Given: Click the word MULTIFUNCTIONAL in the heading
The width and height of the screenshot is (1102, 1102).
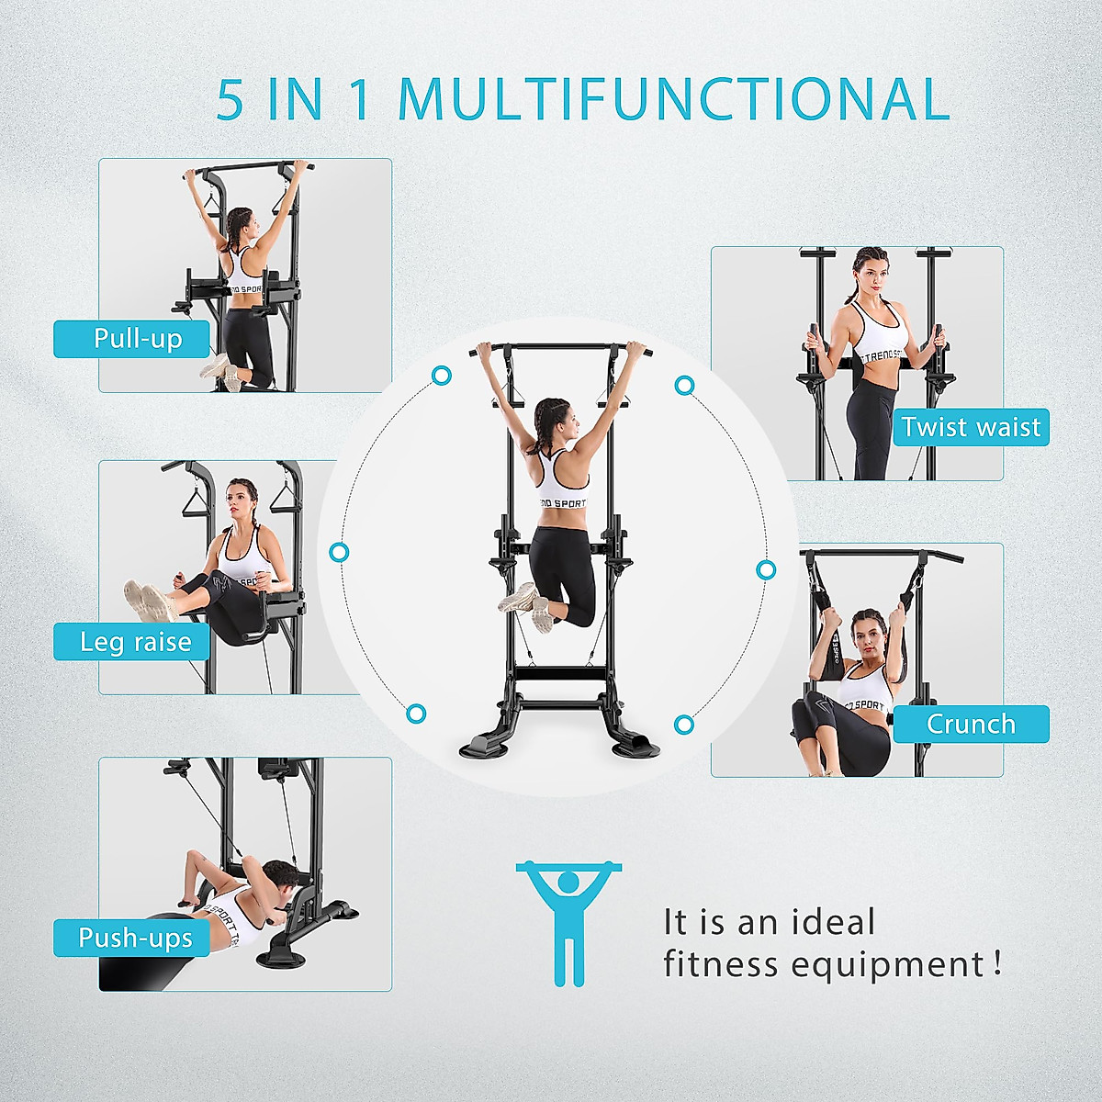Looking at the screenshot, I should pyautogui.click(x=673, y=99).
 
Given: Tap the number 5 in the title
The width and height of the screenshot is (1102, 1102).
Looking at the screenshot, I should pyautogui.click(x=231, y=100).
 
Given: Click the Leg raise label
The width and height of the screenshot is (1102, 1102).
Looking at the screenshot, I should pyautogui.click(x=134, y=642).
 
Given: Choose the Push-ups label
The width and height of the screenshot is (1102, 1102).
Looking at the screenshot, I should pyautogui.click(x=134, y=938).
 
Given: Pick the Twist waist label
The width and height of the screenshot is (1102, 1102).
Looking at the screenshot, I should pyautogui.click(x=971, y=427).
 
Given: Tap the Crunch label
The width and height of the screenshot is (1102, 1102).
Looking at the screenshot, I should pyautogui.click(x=971, y=724).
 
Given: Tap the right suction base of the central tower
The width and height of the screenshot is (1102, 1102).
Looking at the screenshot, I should pyautogui.click(x=636, y=744).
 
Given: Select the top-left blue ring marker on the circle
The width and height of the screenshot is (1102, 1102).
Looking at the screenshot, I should pyautogui.click(x=442, y=375).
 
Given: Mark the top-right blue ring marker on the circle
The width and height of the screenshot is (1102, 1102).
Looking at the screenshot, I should pyautogui.click(x=684, y=386).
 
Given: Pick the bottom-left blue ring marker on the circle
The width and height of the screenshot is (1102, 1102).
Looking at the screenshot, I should pyautogui.click(x=416, y=714).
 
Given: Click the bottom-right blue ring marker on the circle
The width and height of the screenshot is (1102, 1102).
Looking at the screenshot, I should pyautogui.click(x=683, y=725).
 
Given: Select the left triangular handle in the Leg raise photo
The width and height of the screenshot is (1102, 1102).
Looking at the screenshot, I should pyautogui.click(x=197, y=502).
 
